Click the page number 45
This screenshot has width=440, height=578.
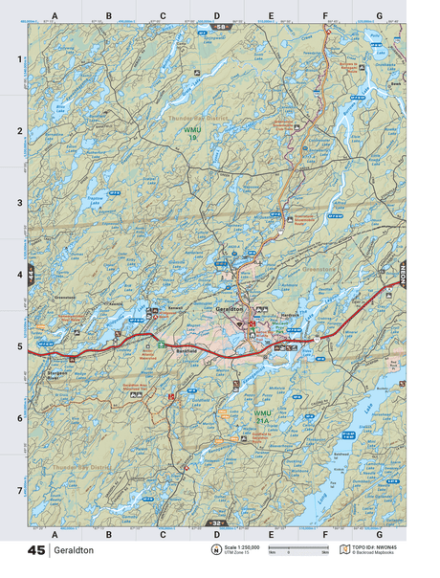[36, 551]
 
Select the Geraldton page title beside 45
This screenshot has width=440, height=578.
[74, 551]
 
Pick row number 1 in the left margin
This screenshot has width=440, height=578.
[20, 59]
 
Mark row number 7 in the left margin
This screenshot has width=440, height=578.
[20, 491]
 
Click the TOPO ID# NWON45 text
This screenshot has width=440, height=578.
[375, 546]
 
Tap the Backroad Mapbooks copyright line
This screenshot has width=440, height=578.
[375, 554]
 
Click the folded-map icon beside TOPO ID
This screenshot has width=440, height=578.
[345, 550]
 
